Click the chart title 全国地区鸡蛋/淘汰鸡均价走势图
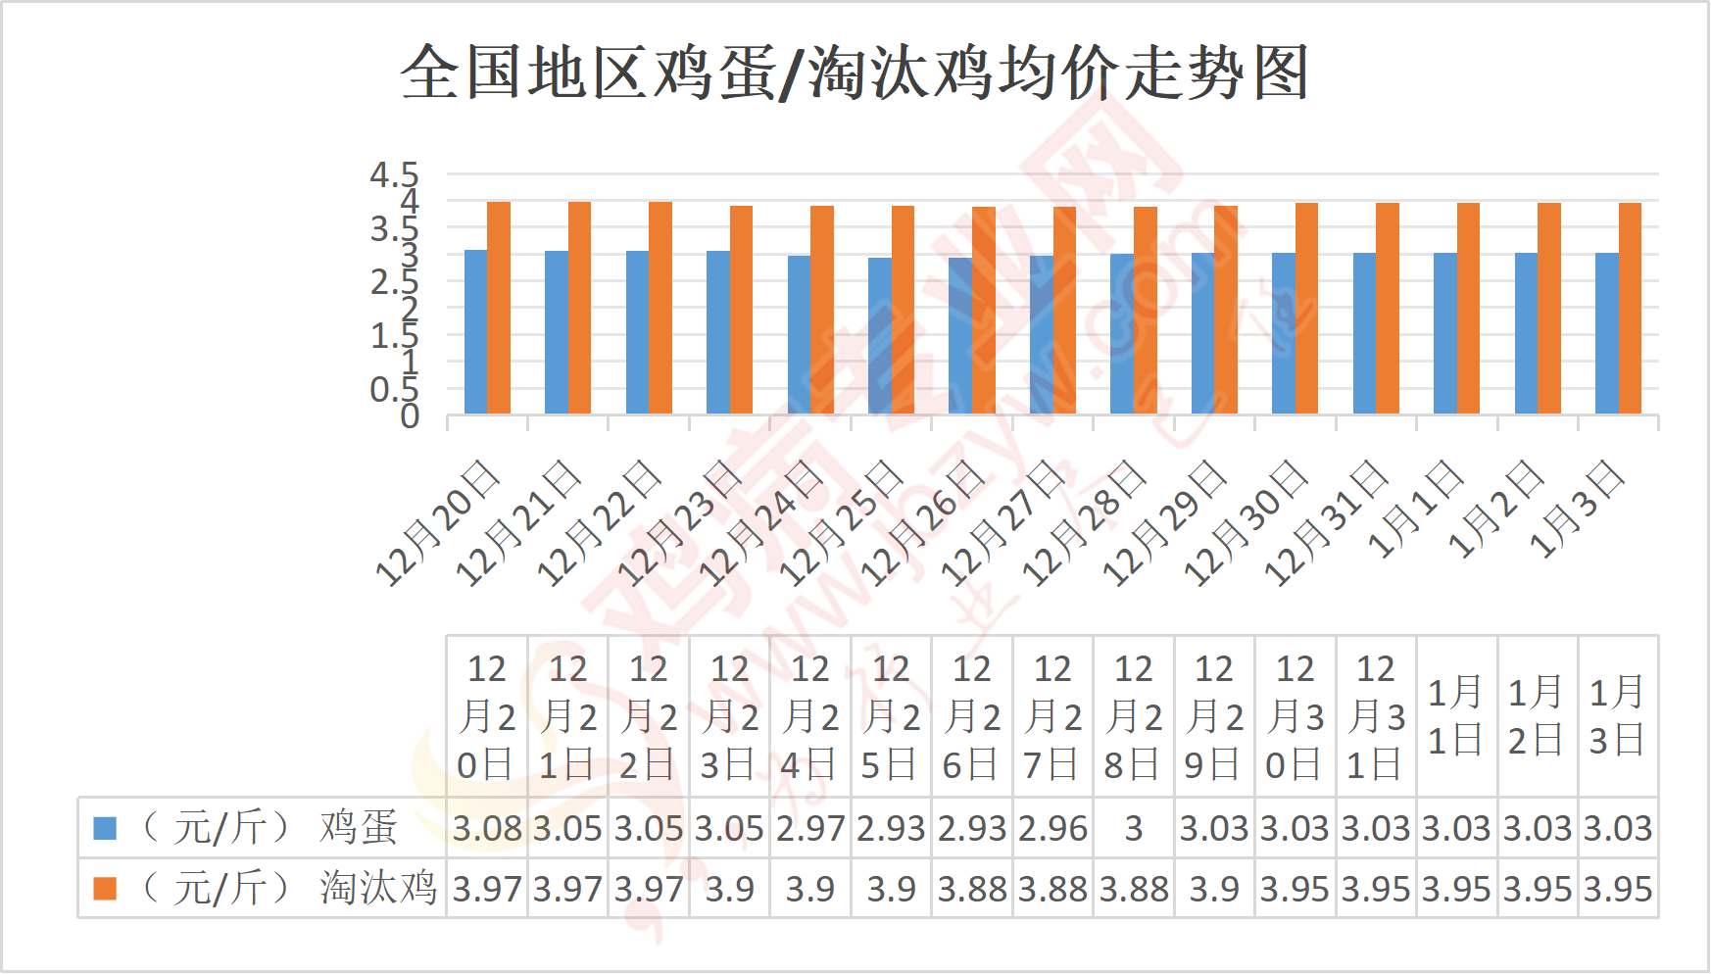click(x=855, y=73)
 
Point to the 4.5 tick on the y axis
click(x=394, y=175)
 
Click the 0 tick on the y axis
click(x=410, y=416)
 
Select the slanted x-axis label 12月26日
click(x=922, y=524)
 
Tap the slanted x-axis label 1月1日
click(x=1415, y=510)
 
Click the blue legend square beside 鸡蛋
click(x=105, y=828)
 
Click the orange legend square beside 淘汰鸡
click(x=105, y=888)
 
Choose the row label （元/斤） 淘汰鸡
click(x=289, y=888)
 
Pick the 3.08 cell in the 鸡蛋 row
click(x=487, y=829)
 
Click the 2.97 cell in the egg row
click(x=810, y=829)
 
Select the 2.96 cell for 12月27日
click(x=1052, y=829)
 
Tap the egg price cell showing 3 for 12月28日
click(x=1134, y=829)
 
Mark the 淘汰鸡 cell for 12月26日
click(x=972, y=889)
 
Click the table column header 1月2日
click(x=1537, y=716)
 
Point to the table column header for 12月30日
click(x=1295, y=716)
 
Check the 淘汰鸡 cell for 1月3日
click(x=1618, y=889)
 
